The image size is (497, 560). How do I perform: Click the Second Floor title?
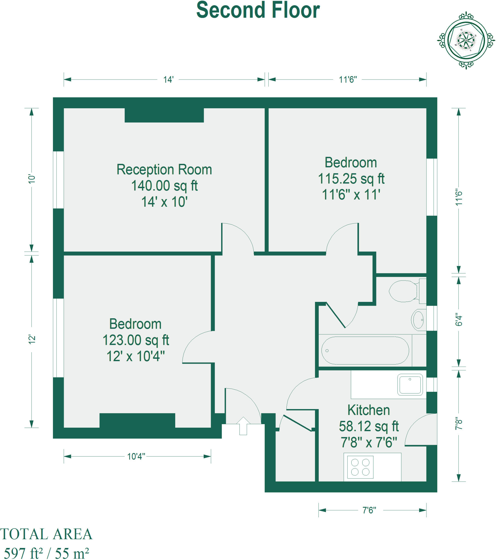[258, 10]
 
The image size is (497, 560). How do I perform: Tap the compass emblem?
[466, 40]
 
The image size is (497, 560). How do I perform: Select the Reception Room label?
[164, 170]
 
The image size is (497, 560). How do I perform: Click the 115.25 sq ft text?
[351, 179]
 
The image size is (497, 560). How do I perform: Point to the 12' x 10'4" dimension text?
[136, 357]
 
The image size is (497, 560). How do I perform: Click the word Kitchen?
[369, 410]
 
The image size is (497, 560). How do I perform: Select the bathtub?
[365, 351]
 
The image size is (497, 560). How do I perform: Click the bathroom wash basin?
[418, 320]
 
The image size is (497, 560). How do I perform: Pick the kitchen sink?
[410, 385]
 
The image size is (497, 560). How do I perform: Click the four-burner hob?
[360, 467]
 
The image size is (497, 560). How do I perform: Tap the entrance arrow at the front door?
[243, 426]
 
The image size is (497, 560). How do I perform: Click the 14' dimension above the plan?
[168, 80]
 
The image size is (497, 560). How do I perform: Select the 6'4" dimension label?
[459, 319]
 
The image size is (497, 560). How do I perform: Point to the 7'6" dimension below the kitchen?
[369, 511]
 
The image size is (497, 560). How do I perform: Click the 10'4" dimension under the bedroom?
[136, 456]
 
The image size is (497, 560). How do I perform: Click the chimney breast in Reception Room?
[164, 115]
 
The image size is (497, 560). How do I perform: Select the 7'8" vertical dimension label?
[459, 423]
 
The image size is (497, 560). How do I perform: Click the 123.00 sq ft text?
[136, 340]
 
